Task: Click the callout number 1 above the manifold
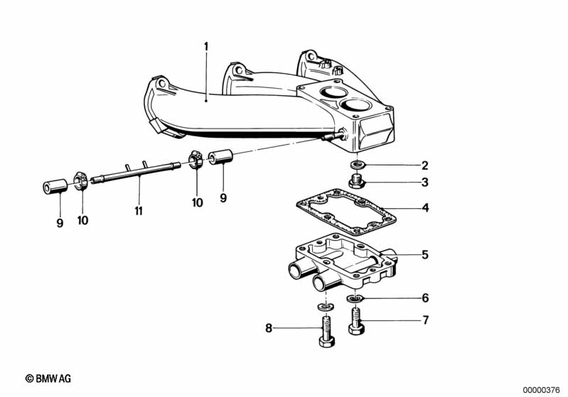click(x=206, y=47)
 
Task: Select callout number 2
click(x=425, y=165)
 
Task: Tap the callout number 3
click(x=425, y=182)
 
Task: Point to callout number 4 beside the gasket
click(x=425, y=207)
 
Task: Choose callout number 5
click(x=425, y=255)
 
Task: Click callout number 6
click(x=425, y=298)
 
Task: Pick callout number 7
click(x=426, y=320)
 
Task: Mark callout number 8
click(x=269, y=328)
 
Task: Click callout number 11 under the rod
click(x=139, y=211)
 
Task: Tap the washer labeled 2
click(x=358, y=165)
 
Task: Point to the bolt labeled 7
click(x=356, y=320)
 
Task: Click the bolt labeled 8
click(x=327, y=332)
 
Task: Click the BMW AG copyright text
click(x=48, y=379)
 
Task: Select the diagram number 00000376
click(x=542, y=390)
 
